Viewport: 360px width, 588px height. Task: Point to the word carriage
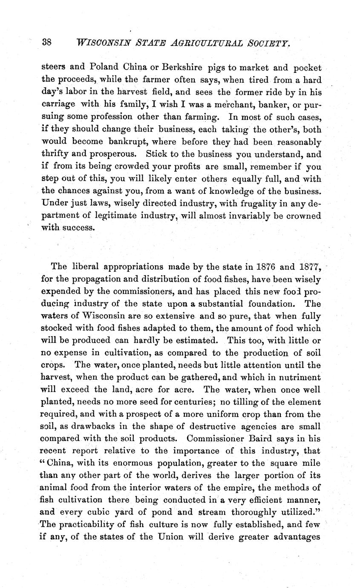[x=58, y=104]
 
